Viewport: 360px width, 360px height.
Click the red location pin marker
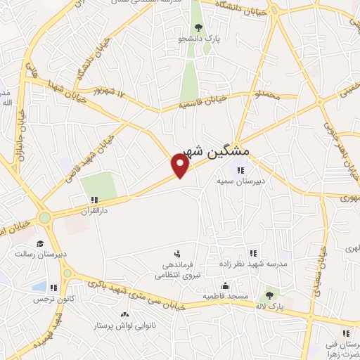(x=180, y=166)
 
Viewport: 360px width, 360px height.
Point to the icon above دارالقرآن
(x=94, y=200)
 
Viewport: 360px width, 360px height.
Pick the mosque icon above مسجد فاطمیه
(x=225, y=285)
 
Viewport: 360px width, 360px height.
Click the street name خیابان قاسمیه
(x=203, y=103)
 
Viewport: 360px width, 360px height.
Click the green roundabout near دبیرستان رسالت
(x=45, y=218)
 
